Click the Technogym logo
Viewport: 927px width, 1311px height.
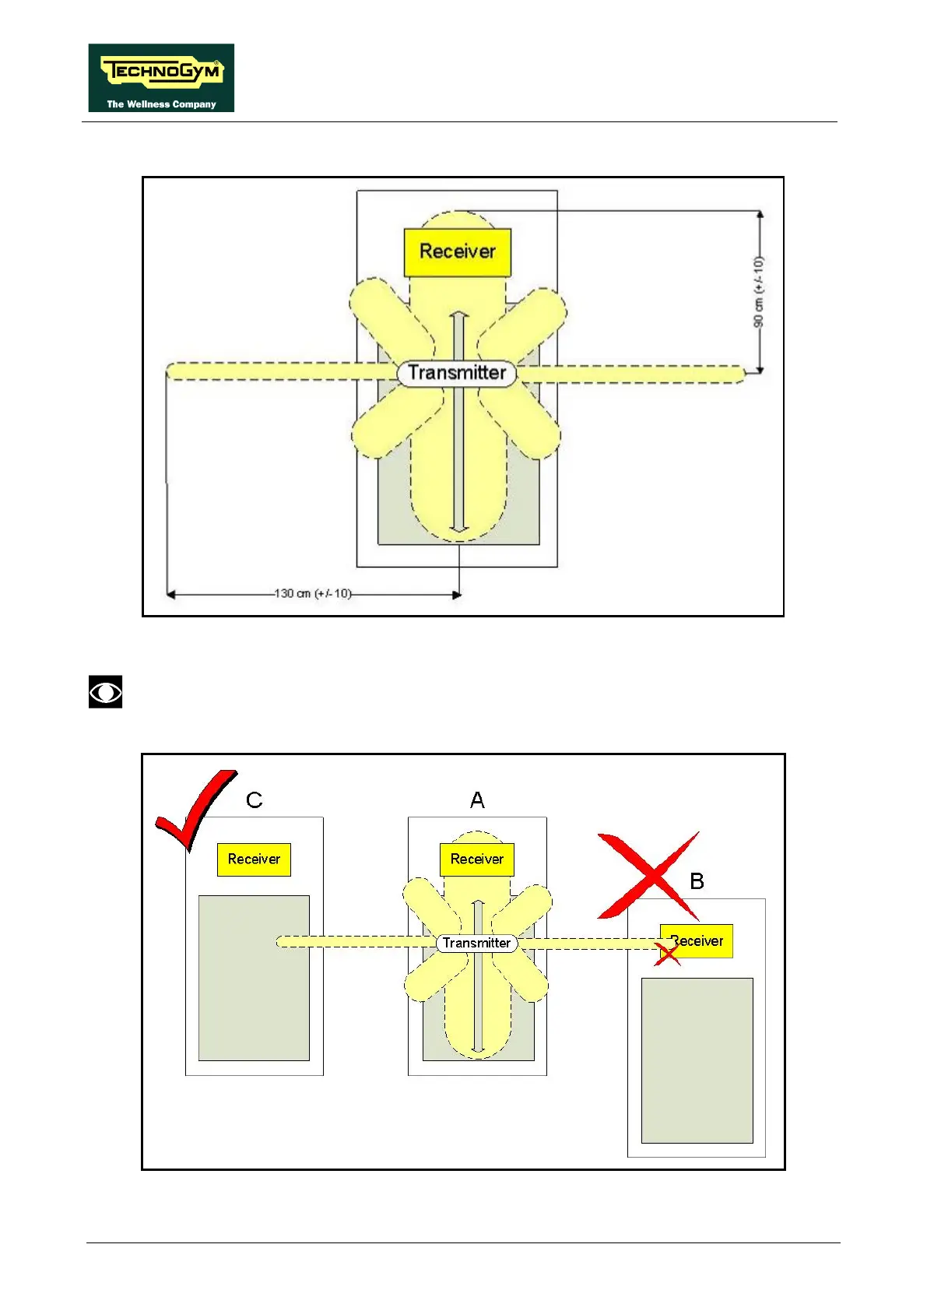161,77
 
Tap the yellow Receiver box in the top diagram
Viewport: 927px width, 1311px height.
458,252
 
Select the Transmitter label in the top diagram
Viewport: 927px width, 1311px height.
457,373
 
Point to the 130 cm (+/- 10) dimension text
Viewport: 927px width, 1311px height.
313,594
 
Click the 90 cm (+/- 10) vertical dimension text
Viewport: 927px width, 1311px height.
759,292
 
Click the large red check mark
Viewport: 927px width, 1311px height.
194,810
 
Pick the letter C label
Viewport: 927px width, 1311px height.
254,800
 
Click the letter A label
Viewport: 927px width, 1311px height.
477,800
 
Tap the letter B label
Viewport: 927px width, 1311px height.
697,881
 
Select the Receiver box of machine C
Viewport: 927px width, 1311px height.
254,859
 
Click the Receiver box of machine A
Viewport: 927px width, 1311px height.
477,859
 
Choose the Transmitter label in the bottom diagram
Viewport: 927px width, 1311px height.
476,944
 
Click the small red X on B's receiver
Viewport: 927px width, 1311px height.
667,953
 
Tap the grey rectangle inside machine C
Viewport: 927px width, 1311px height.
254,978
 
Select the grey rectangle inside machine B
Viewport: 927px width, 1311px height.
697,1060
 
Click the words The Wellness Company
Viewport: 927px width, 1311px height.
161,104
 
